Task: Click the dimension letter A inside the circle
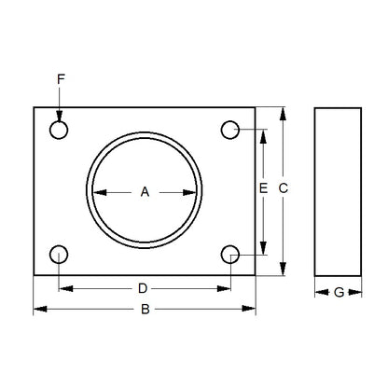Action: click(145, 192)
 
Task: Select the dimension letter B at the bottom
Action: click(145, 309)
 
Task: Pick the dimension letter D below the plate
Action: click(144, 288)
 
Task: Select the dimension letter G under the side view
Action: click(339, 292)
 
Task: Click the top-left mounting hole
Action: click(60, 130)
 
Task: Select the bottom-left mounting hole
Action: click(60, 254)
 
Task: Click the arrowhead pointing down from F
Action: click(60, 116)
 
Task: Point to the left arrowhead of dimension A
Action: click(97, 192)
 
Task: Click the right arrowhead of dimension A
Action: click(192, 192)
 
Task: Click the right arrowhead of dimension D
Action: click(226, 288)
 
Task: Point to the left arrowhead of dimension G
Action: click(319, 292)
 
